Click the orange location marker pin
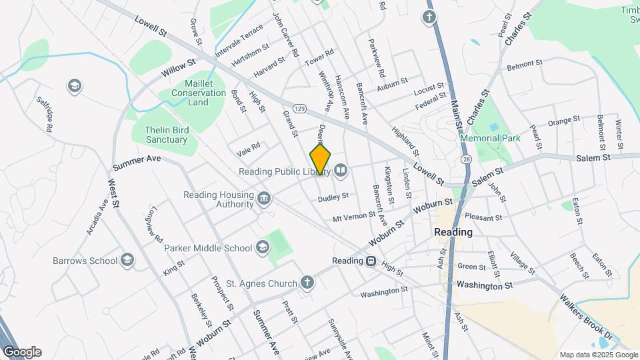pos(320,160)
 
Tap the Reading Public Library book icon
pos(341,171)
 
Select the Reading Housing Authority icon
pos(264,198)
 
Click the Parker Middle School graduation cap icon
pos(263,248)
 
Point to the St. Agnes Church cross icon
pos(307,283)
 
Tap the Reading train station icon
pos(371,261)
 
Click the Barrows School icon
pos(128,260)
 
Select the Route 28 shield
pos(465,159)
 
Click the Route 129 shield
pos(299,108)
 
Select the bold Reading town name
pos(453,233)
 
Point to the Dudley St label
pos(333,197)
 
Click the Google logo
pos(22,352)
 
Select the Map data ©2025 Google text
pos(598,355)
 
